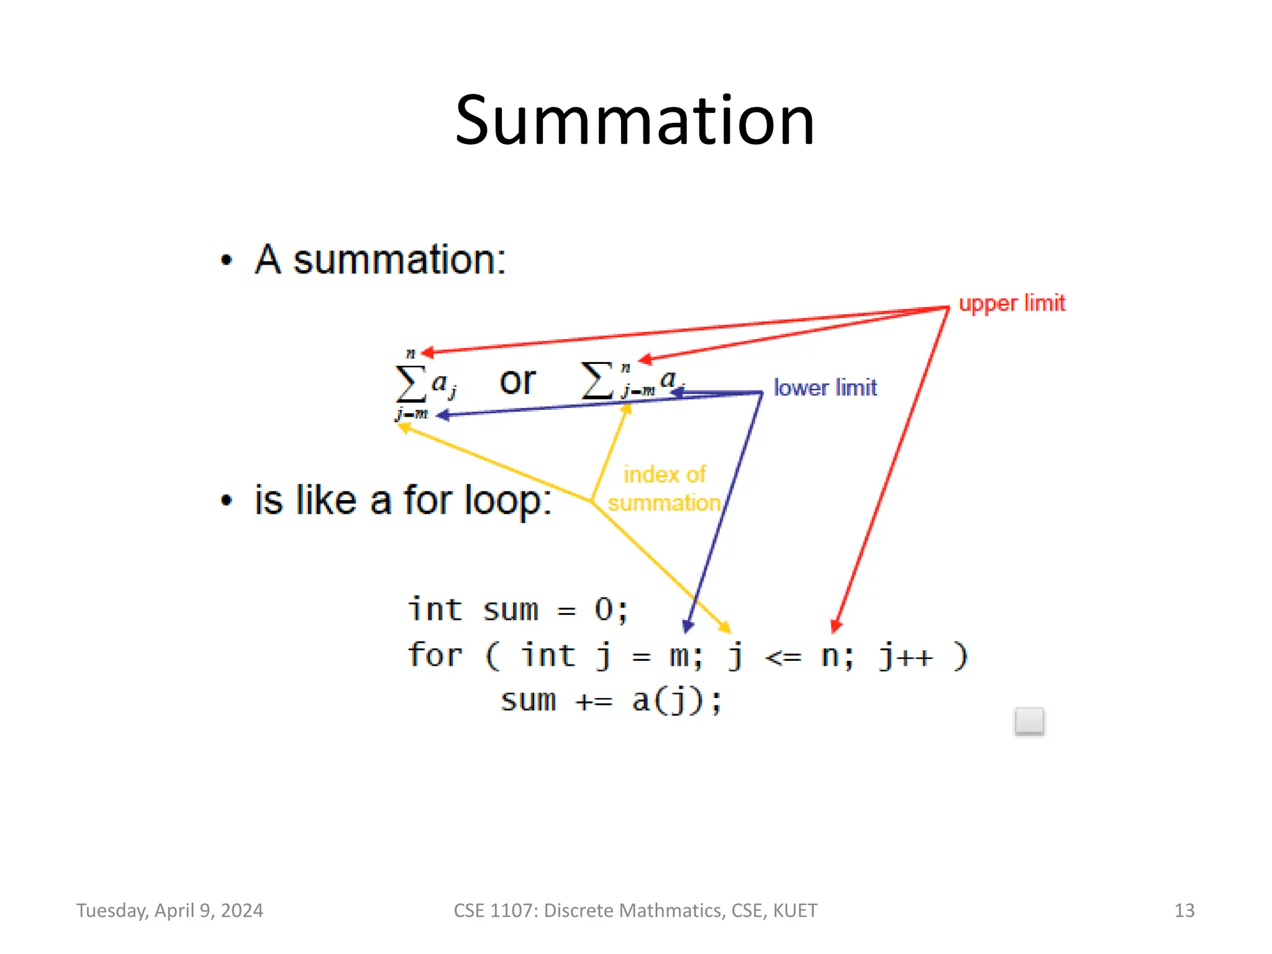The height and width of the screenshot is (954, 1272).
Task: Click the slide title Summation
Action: (634, 120)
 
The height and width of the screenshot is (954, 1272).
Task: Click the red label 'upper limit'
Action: (1012, 303)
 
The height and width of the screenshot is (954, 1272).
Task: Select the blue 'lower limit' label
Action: (825, 388)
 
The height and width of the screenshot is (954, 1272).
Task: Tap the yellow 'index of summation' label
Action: (664, 489)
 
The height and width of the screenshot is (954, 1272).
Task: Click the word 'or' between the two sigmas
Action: (517, 381)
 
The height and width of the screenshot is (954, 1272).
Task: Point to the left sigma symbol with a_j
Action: (411, 383)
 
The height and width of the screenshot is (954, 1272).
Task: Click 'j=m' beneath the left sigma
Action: (412, 414)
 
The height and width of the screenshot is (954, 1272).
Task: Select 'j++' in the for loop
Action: (905, 656)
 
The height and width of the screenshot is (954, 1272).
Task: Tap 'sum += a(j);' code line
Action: (611, 701)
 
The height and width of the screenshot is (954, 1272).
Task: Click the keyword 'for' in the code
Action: (435, 655)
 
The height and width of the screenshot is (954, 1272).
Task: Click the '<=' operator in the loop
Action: (783, 657)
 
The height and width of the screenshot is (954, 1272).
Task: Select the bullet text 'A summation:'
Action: (380, 259)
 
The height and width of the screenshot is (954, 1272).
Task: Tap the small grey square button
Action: (1029, 721)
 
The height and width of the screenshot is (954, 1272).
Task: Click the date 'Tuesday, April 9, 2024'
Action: (170, 911)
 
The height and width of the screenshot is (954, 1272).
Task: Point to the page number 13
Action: (1184, 911)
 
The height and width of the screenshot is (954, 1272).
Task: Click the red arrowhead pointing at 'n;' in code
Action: (836, 625)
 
